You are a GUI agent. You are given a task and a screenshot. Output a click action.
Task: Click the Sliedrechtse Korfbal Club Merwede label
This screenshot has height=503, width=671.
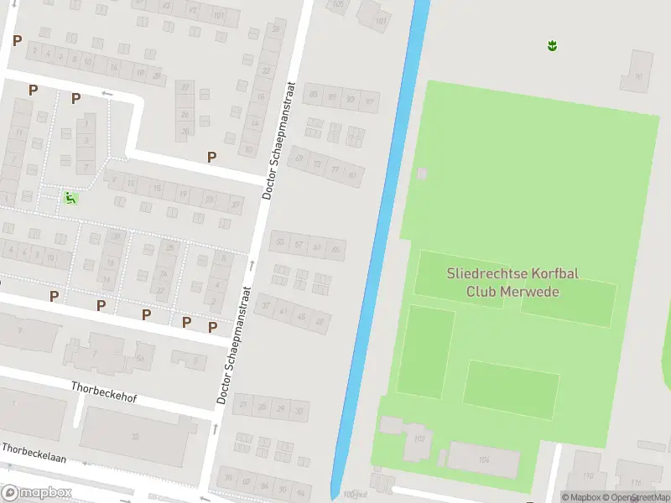pos(512,283)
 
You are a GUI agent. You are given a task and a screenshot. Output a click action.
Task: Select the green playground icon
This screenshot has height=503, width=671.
pos(70,199)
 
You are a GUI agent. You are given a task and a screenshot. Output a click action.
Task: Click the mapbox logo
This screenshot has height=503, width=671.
pos(36,493)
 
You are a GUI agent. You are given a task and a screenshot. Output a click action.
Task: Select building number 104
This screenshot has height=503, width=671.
pos(483,459)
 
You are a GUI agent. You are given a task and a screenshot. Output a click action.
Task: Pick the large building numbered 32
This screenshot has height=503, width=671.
pos(137,436)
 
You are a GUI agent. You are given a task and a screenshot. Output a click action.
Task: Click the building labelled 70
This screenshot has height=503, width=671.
pos(227,481)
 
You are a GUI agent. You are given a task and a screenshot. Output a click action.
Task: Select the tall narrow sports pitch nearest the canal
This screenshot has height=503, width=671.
pos(425,352)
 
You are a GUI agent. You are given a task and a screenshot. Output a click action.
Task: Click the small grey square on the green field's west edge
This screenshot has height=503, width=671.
pos(421,174)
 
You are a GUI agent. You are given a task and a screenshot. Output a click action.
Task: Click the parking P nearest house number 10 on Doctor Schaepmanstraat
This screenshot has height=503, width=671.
pos(211,157)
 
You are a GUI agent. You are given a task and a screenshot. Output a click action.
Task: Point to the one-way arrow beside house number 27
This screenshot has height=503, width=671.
pos(216,428)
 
